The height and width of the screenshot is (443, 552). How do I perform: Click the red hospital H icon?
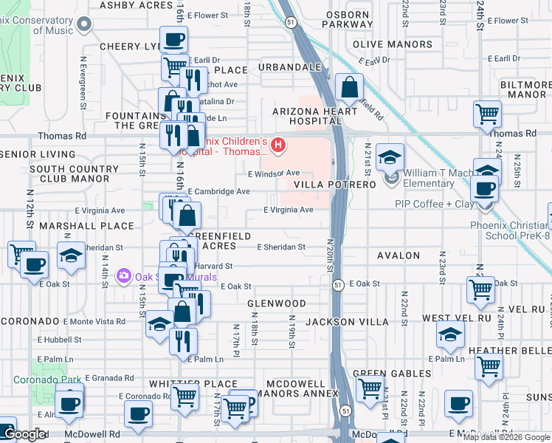[278, 145]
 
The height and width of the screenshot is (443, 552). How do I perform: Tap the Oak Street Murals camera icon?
[123, 276]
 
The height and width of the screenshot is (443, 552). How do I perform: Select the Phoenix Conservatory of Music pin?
[84, 24]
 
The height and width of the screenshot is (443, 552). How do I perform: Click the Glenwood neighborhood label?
[276, 303]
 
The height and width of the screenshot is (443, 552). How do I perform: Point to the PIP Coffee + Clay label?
[434, 204]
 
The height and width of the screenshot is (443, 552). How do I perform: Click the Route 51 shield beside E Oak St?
[337, 284]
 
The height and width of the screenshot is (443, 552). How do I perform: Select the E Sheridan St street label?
[280, 247]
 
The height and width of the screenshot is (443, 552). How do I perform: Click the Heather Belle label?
[517, 351]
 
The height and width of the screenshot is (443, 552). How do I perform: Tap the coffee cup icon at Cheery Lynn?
[173, 39]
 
